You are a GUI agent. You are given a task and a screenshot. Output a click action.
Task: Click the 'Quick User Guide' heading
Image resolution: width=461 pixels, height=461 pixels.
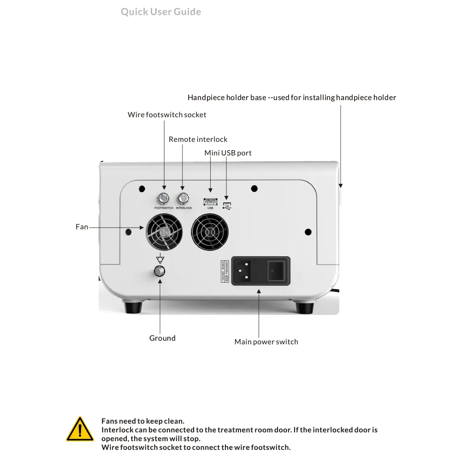(x=161, y=12)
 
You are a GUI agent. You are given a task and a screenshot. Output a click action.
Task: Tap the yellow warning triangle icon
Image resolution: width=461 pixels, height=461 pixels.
(x=80, y=429)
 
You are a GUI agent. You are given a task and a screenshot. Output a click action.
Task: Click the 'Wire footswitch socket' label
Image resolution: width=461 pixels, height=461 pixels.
(x=167, y=115)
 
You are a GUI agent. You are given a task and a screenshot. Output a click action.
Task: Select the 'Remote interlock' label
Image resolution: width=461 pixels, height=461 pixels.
(x=198, y=139)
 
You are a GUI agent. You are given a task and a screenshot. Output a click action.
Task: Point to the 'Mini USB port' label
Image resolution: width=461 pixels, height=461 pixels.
(x=228, y=153)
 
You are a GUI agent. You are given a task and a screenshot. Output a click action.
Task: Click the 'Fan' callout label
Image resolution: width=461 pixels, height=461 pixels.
(x=82, y=227)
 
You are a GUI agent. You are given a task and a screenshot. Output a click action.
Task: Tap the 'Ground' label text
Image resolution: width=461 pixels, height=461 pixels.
(x=162, y=338)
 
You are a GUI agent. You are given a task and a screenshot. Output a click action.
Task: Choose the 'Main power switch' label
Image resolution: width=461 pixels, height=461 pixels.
(x=266, y=342)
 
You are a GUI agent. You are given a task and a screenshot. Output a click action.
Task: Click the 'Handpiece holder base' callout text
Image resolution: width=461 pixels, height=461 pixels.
(x=291, y=98)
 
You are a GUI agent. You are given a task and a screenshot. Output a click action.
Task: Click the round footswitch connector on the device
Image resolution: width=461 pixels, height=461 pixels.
(x=164, y=199)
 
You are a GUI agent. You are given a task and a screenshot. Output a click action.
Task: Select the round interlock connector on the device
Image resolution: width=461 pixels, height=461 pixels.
(x=183, y=199)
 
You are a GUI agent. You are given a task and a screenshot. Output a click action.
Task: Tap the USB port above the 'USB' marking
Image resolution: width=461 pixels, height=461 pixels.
(x=210, y=201)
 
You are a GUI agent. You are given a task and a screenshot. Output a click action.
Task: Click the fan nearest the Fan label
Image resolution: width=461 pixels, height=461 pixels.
(x=165, y=232)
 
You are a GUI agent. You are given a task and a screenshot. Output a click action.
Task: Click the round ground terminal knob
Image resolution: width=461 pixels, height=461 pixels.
(x=160, y=271)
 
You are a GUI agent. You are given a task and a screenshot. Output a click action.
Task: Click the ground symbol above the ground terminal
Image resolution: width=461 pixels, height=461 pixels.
(x=160, y=259)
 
